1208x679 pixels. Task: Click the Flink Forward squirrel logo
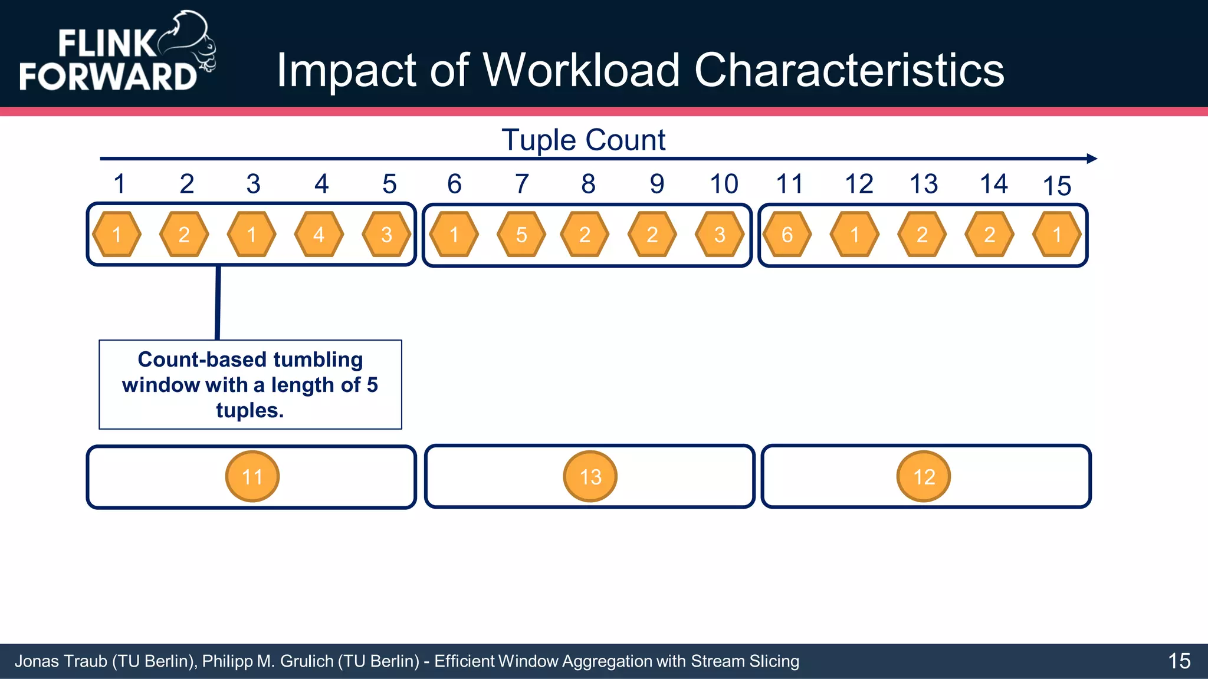point(118,53)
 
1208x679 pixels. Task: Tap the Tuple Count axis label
point(583,140)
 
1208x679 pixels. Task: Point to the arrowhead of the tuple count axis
point(1092,159)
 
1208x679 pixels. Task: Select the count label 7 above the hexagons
point(521,184)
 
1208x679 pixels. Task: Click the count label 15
point(1056,186)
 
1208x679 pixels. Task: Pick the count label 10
point(724,184)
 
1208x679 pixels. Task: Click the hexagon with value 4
point(319,235)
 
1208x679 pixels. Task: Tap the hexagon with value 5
point(521,235)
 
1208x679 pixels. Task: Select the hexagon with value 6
point(787,235)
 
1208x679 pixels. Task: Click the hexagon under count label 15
point(1057,235)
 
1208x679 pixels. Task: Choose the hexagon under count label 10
point(720,235)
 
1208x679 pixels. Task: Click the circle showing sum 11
point(252,476)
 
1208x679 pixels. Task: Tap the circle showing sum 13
point(590,476)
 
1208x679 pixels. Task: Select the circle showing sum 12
point(924,476)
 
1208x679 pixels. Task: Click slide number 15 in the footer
point(1179,661)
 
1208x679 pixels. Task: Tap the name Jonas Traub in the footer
point(61,661)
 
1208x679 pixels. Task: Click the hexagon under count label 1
point(117,235)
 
